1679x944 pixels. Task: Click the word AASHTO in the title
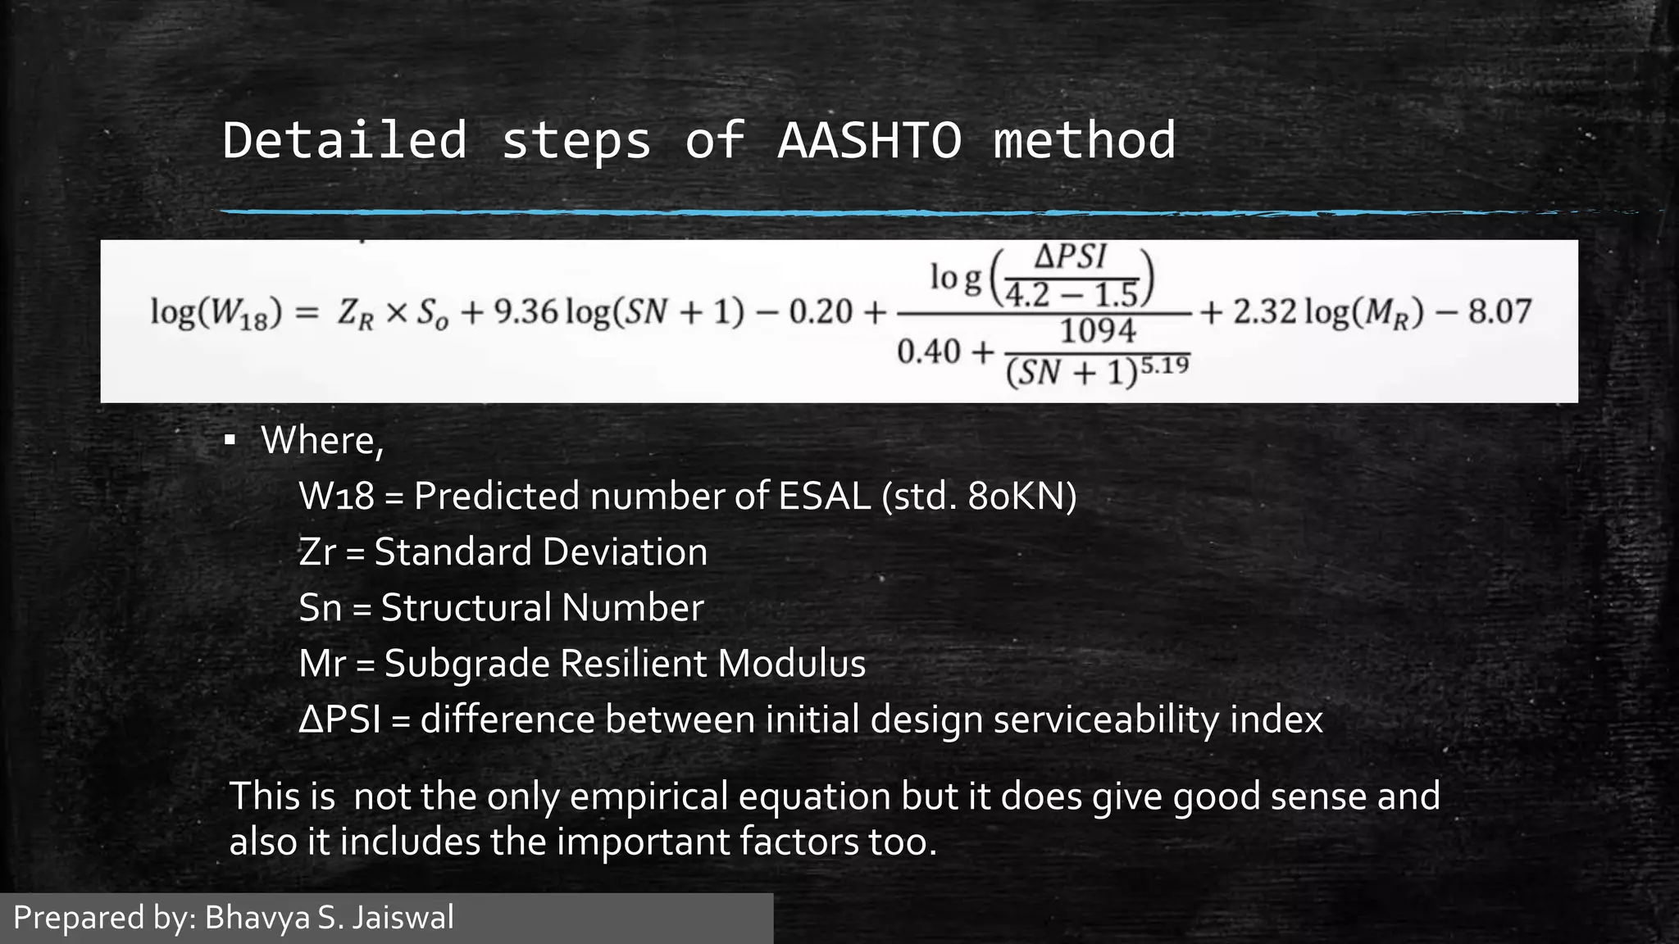(869, 140)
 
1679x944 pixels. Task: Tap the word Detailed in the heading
(344, 140)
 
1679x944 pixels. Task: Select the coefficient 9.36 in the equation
(525, 312)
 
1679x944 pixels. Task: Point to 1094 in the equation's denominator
(1098, 331)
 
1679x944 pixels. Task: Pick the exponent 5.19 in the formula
(1165, 365)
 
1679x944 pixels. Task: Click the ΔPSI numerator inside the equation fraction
(1070, 257)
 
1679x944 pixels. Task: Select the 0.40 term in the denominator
(928, 352)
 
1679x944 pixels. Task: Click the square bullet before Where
(230, 442)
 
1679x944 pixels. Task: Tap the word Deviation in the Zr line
(623, 551)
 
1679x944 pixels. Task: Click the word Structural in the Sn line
(466, 608)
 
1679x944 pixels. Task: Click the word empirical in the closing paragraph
(648, 796)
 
